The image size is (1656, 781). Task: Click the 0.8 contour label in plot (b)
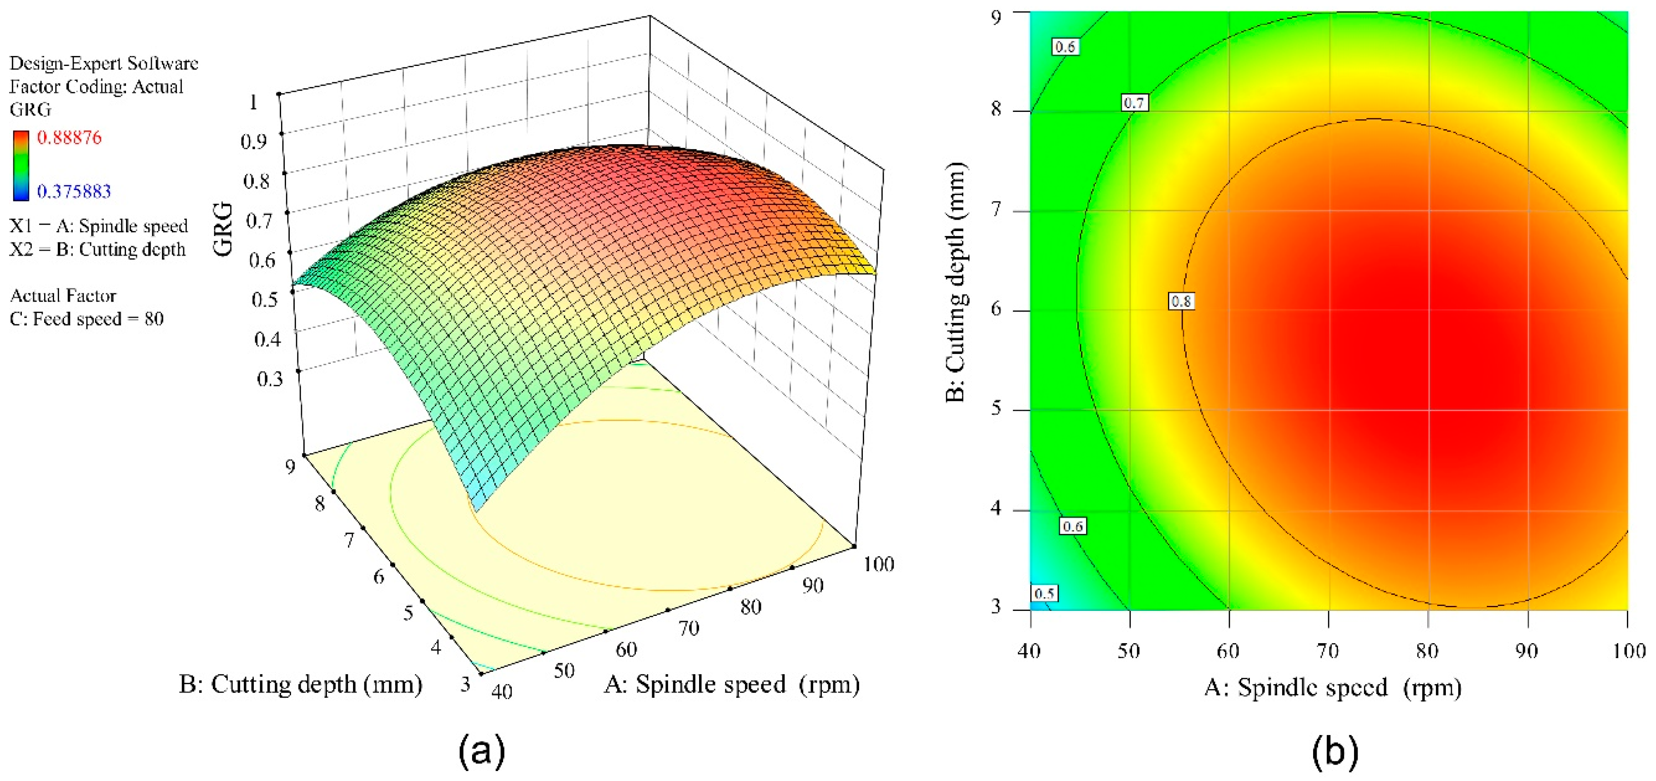pos(1181,301)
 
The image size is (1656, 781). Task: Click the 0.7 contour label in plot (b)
pos(1134,102)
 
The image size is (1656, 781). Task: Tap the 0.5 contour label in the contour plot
pos(1044,593)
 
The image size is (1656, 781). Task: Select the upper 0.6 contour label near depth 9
pos(1065,47)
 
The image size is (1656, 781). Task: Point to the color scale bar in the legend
pos(20,165)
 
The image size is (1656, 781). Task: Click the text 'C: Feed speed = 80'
pos(87,319)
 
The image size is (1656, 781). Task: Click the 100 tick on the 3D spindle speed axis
pos(878,564)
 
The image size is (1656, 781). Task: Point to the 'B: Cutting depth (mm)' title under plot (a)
pos(300,684)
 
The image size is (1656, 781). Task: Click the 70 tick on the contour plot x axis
pos(1328,651)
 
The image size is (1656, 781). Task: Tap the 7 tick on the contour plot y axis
pos(997,210)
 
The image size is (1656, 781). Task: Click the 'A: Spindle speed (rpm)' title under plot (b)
pos(1333,687)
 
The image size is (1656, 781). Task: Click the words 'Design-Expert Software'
pos(104,63)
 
